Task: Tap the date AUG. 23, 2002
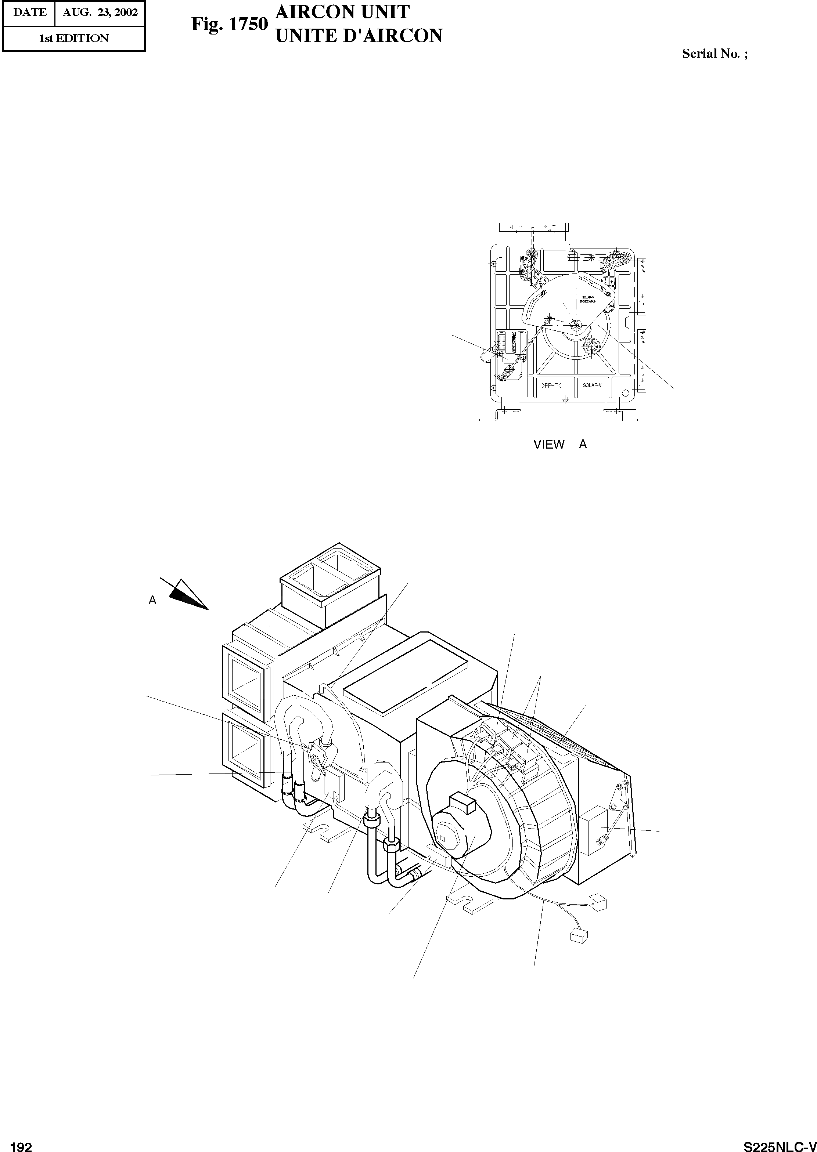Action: tap(100, 12)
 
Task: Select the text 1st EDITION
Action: tap(74, 39)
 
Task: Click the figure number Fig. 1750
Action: tap(229, 25)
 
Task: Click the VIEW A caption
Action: tap(560, 444)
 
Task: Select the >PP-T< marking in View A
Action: tap(551, 385)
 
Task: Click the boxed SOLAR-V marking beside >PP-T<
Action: tap(592, 385)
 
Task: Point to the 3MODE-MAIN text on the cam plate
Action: tap(588, 301)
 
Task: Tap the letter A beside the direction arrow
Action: tap(152, 600)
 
